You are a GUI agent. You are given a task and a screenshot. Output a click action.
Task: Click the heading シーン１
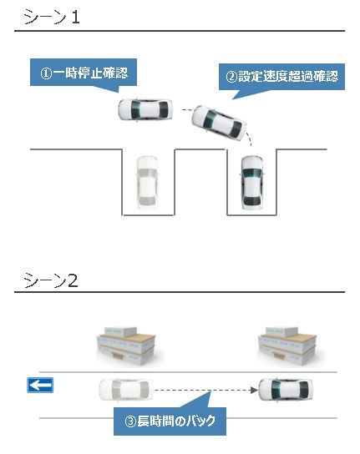coord(52,16)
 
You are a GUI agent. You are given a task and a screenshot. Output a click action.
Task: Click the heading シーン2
coord(52,280)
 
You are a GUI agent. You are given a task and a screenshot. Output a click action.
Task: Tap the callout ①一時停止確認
coord(84,73)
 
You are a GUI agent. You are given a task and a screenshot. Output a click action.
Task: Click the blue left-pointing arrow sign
coord(40,385)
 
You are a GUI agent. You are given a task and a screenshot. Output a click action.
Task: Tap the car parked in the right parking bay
coord(252,181)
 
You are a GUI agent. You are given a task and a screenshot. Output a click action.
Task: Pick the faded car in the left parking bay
coord(147,181)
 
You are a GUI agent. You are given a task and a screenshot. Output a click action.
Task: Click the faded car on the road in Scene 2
coord(125,390)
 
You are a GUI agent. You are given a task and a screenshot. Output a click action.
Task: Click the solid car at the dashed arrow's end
coord(286,390)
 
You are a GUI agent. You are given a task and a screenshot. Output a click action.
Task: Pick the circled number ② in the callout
coord(232,77)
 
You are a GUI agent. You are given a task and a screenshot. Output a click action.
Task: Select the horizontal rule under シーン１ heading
coord(180,32)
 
